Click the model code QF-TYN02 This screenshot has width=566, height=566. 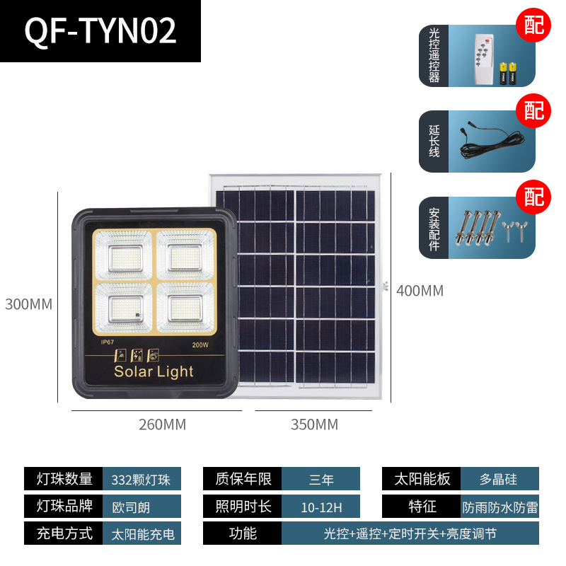(x=100, y=31)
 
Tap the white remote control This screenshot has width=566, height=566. (x=484, y=60)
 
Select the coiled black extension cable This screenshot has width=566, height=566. (x=492, y=141)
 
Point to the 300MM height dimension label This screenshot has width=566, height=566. (x=28, y=304)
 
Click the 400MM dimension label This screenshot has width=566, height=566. (x=420, y=291)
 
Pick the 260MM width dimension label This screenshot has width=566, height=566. (x=163, y=424)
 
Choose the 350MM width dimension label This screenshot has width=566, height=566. (x=314, y=424)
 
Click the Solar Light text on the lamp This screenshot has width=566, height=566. (x=154, y=372)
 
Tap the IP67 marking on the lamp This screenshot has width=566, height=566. (x=108, y=342)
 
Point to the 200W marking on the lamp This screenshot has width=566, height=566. (x=200, y=345)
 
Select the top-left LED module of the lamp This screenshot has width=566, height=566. (x=123, y=255)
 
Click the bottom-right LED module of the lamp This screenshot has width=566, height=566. (x=185, y=308)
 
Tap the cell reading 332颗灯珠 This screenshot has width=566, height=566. (x=141, y=479)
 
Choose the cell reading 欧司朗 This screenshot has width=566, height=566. (x=141, y=506)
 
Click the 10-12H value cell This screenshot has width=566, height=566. (x=321, y=506)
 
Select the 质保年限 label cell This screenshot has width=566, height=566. (x=242, y=479)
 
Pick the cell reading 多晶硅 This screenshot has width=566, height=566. (x=499, y=479)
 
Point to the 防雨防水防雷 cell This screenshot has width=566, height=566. (x=499, y=506)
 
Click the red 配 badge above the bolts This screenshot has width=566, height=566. (x=533, y=197)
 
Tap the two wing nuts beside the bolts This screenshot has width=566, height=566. (x=514, y=231)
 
